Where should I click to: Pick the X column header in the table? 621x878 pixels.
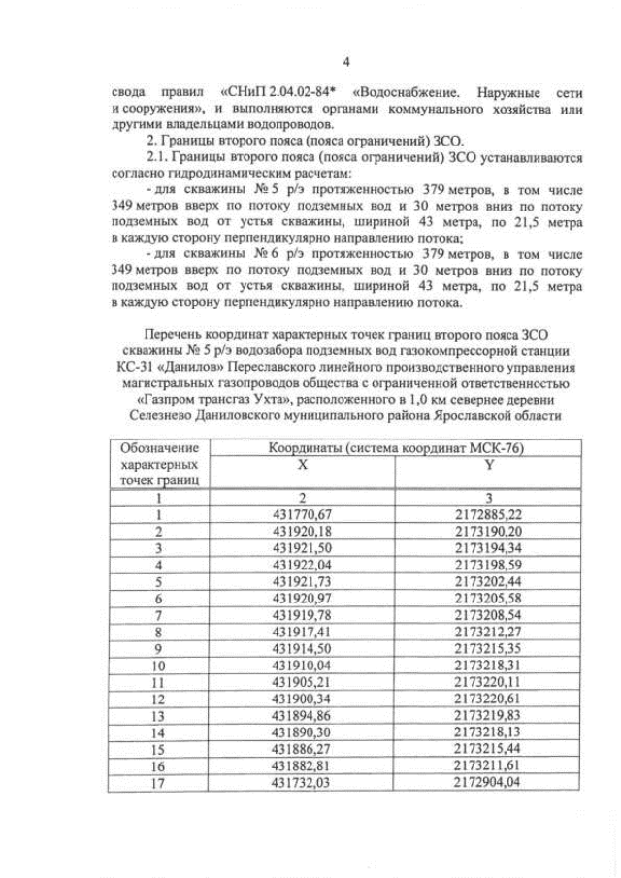coord(303,464)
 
